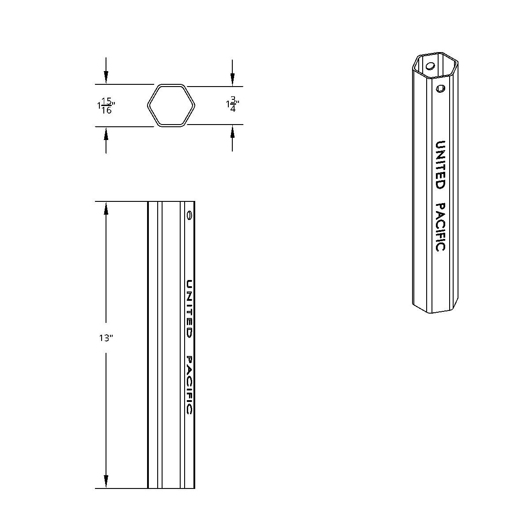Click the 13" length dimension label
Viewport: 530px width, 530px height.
point(106,338)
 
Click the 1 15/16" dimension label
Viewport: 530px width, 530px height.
point(106,105)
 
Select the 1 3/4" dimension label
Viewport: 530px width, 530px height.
point(232,105)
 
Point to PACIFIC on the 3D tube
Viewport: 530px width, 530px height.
point(440,227)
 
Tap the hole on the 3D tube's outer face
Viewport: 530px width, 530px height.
point(440,89)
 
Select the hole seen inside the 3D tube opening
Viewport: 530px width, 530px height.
point(430,67)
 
